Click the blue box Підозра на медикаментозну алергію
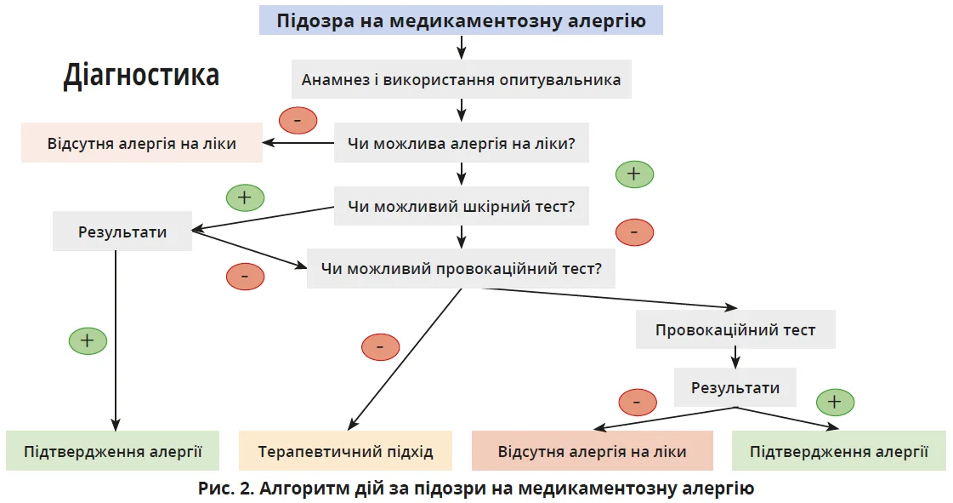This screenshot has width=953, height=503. coord(461,20)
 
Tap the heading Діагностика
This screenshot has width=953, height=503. coord(141,76)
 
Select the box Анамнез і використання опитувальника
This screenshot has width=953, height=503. coord(461,80)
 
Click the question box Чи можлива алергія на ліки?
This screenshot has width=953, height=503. coord(461,143)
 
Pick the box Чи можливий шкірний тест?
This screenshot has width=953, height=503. coord(461,206)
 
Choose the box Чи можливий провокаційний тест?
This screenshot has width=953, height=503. coord(461,269)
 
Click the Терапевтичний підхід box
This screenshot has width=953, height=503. coord(345,451)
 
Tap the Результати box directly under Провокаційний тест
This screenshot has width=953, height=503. coord(735,388)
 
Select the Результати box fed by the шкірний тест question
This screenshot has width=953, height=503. coord(122,231)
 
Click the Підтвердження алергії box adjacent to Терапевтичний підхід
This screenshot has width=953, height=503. coord(112,451)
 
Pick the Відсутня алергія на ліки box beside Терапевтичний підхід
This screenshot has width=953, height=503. coord(592,451)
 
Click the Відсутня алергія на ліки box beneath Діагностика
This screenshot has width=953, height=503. coord(141,143)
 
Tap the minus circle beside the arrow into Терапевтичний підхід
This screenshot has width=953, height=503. coord(380,346)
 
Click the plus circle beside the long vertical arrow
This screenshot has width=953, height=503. coord(88,341)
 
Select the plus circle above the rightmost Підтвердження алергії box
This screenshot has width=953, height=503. coord(835,402)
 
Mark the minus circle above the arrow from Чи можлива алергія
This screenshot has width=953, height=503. coord(298,121)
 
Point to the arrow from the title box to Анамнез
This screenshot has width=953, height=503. coord(461,47)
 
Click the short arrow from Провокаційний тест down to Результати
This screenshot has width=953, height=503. coord(735,357)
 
